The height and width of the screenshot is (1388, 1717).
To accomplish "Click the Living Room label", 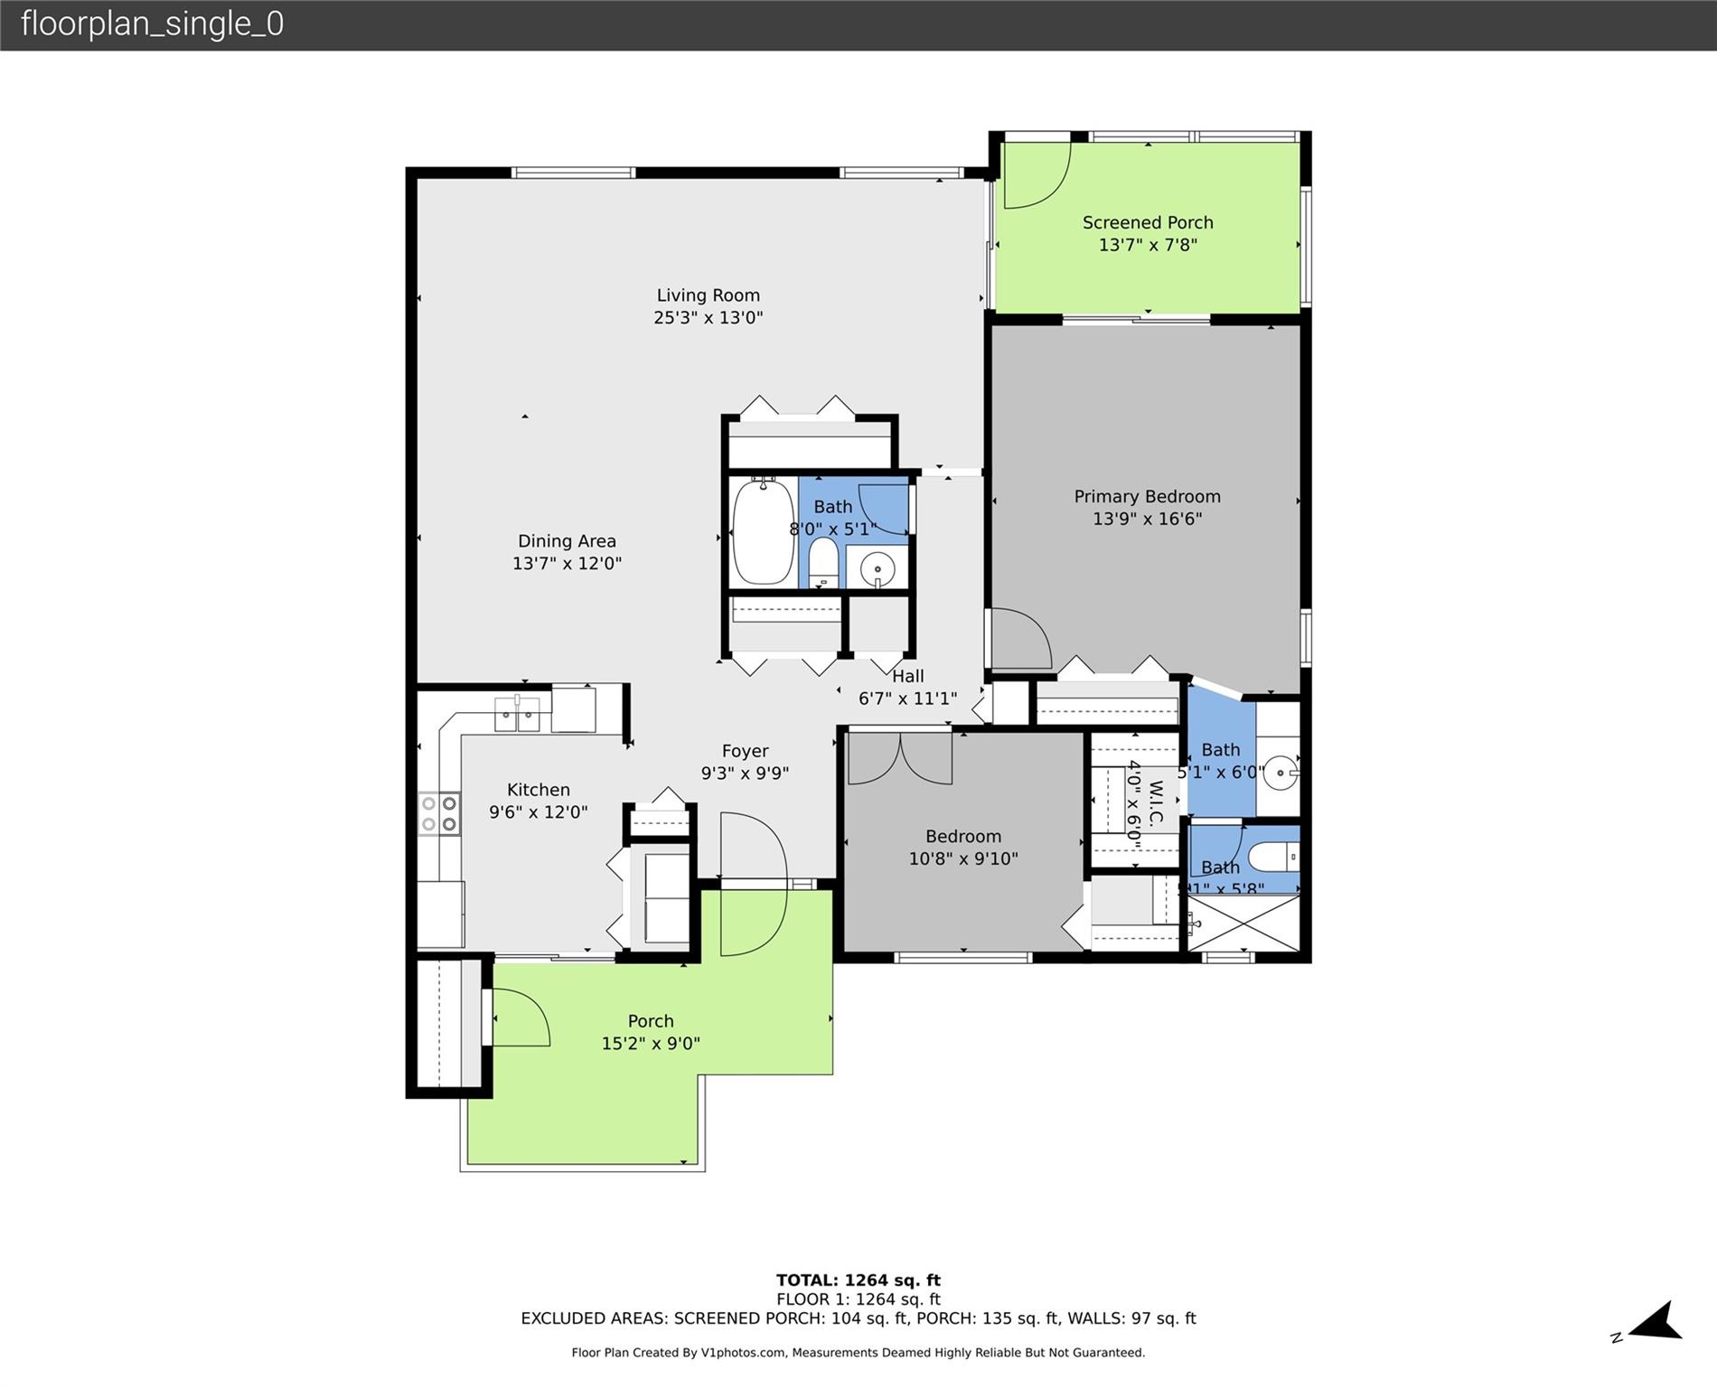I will click(x=708, y=295).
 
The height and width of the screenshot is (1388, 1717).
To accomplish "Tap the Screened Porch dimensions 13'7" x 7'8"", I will click(x=1148, y=245).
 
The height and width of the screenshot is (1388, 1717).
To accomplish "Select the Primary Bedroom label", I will click(x=1147, y=496).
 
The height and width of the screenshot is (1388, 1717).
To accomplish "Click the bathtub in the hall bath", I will click(x=763, y=532).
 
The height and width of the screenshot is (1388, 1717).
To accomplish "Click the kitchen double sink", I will click(x=517, y=715).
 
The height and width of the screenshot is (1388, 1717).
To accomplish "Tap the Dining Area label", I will click(x=567, y=541).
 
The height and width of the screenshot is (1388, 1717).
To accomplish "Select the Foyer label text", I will click(x=745, y=751).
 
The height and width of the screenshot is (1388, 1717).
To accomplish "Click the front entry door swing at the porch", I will click(x=752, y=884).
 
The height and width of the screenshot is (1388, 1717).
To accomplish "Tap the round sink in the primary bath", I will click(x=1280, y=774).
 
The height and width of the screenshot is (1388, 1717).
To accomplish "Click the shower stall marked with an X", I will click(x=1244, y=923).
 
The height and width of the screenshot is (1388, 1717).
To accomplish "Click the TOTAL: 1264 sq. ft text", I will click(x=858, y=1280).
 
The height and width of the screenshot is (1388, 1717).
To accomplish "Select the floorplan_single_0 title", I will click(x=152, y=24).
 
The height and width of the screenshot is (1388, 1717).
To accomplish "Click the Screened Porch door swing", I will click(x=1037, y=175).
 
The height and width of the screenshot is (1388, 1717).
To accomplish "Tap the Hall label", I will click(x=907, y=676).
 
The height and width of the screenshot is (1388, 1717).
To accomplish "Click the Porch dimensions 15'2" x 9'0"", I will click(x=651, y=1044).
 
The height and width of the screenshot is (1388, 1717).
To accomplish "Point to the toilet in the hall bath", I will click(x=822, y=560).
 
